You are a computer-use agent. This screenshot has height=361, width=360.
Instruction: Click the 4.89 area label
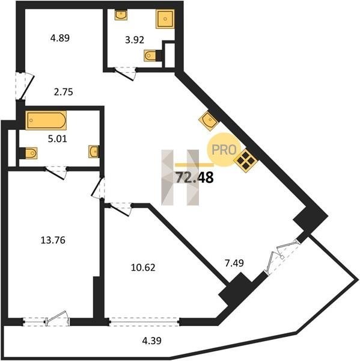pos(60,39)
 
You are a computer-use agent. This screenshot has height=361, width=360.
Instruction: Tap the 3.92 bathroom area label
pos(135,40)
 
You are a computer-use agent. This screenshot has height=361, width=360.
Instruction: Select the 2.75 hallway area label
pos(64,92)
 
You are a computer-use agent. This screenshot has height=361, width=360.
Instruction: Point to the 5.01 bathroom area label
pos(58,139)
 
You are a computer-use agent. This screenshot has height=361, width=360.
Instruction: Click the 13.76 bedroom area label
pos(53,240)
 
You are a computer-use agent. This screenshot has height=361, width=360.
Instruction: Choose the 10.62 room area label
pos(143,268)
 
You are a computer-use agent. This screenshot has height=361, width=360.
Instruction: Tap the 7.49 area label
pos(234,263)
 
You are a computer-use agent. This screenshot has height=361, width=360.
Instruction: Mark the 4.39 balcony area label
pos(151,341)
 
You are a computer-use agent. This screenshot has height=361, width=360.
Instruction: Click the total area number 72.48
pos(195,177)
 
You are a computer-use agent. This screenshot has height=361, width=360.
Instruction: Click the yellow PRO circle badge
pos(224,150)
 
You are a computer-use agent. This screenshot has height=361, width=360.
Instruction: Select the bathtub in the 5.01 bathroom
pos(46,120)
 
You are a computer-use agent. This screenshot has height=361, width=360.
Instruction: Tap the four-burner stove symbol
pos(245,161)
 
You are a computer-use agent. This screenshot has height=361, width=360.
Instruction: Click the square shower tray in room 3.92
pos(165,19)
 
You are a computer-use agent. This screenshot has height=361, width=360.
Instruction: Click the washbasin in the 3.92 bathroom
pos(121,15)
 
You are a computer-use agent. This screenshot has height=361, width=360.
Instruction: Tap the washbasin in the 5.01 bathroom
pos(94,152)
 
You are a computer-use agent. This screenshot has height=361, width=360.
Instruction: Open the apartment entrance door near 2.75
pos(25,85)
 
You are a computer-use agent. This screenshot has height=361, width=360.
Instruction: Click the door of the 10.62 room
pos(118,209)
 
